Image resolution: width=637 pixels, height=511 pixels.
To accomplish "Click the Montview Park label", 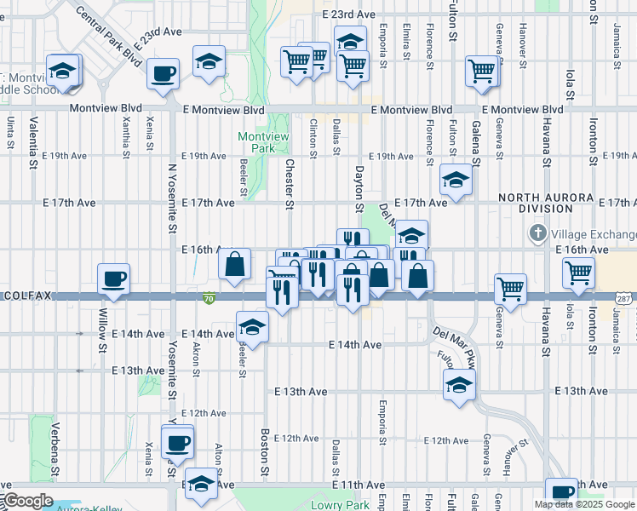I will [257, 142].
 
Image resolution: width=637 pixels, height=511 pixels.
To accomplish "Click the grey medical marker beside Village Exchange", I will [537, 233].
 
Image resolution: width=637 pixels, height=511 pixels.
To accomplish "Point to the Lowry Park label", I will [347, 504].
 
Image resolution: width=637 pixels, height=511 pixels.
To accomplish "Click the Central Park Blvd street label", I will [108, 38].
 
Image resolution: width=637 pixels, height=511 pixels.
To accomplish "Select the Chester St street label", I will [290, 184].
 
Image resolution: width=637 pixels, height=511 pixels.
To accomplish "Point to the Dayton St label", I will [359, 190].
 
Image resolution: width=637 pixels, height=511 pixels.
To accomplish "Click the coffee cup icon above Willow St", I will [113, 278].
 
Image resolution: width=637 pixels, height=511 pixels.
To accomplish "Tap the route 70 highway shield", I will [209, 298].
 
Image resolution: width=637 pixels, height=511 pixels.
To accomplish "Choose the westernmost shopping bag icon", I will [234, 264].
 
